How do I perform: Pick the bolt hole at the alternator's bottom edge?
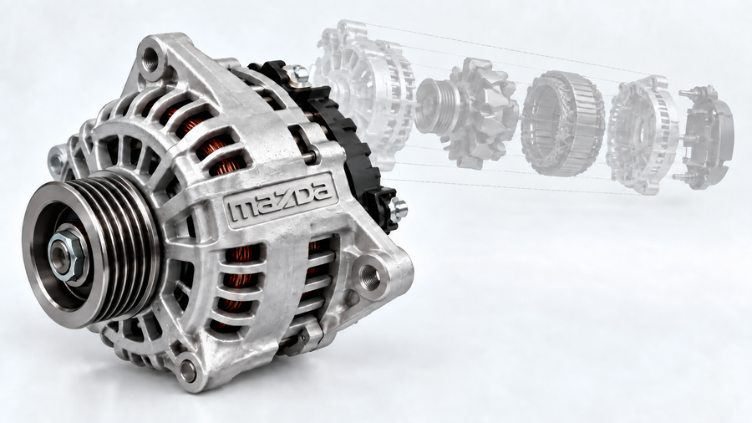pyautogui.click(x=188, y=369)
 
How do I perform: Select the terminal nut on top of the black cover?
pyautogui.click(x=298, y=74)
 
